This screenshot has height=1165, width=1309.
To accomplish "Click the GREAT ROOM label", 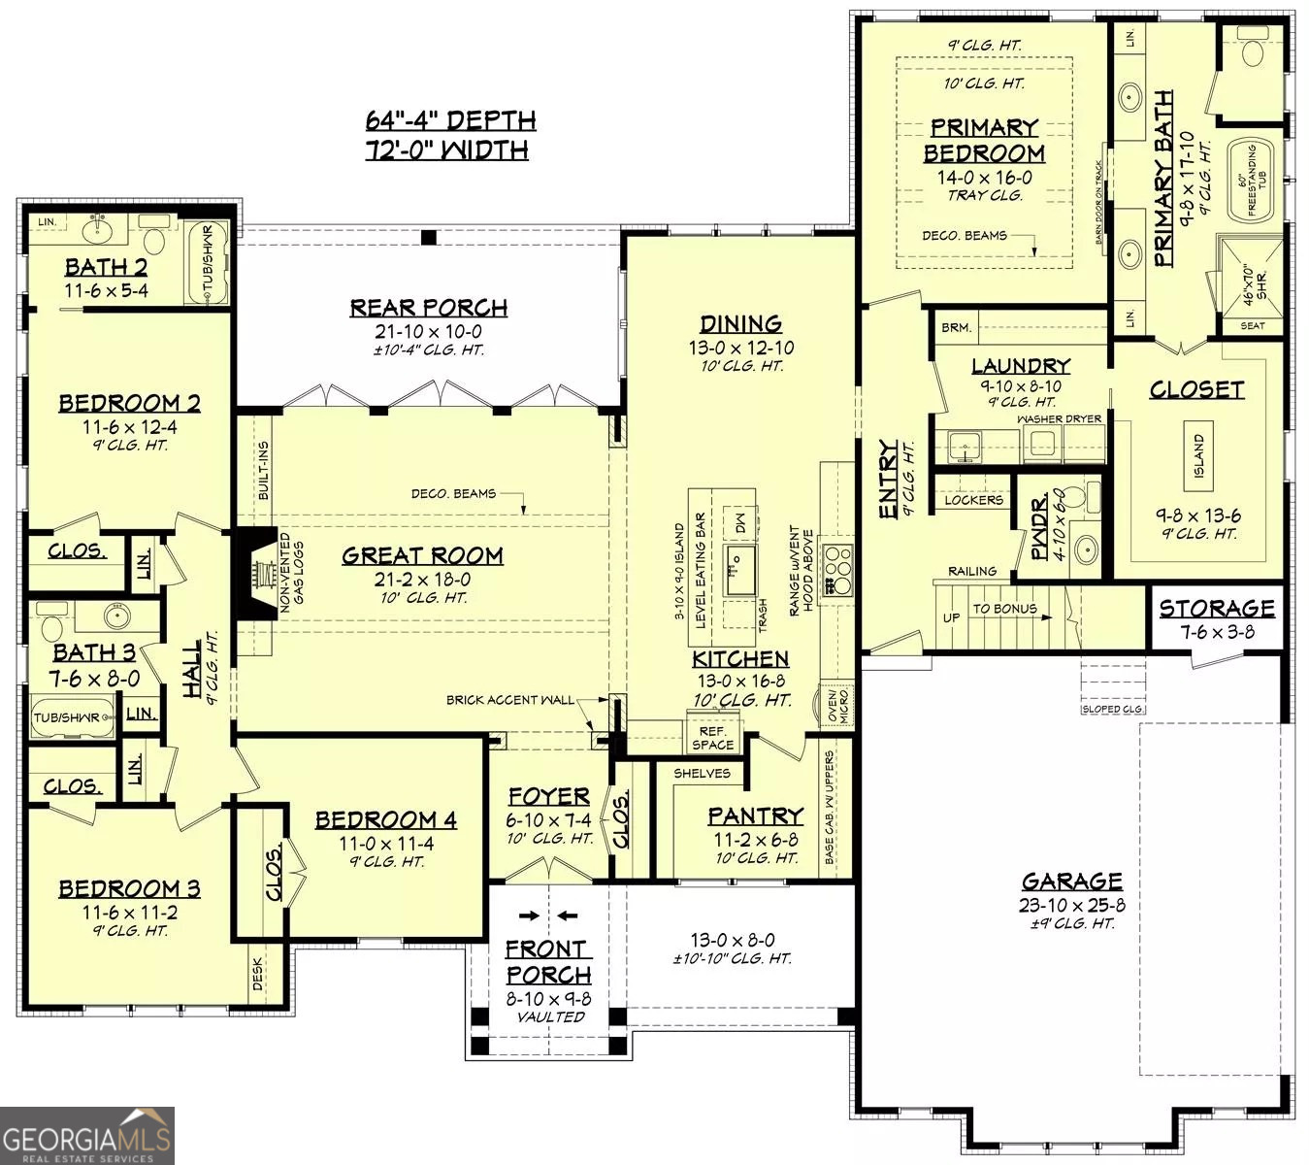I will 422,555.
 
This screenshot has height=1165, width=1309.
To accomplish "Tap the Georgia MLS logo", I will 87,1136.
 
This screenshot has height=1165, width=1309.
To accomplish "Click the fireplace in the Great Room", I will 253,580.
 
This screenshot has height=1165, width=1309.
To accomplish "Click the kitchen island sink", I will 742,569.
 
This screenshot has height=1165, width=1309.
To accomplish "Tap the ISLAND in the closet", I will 1199,454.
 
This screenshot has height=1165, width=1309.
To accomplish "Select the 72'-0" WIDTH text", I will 447,150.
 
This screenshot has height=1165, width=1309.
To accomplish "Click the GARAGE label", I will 1071,881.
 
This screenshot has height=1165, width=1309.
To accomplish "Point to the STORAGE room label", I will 1217,609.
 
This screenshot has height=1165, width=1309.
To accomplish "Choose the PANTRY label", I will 755,815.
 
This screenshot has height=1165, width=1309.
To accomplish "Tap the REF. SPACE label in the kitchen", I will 713,738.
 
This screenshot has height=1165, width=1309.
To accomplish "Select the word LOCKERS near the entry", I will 973,500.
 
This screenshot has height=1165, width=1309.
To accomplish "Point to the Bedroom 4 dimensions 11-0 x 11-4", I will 386,844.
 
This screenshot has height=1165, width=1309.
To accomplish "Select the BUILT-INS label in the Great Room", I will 264,471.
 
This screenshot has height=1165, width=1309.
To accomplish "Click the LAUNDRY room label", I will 1020,366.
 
